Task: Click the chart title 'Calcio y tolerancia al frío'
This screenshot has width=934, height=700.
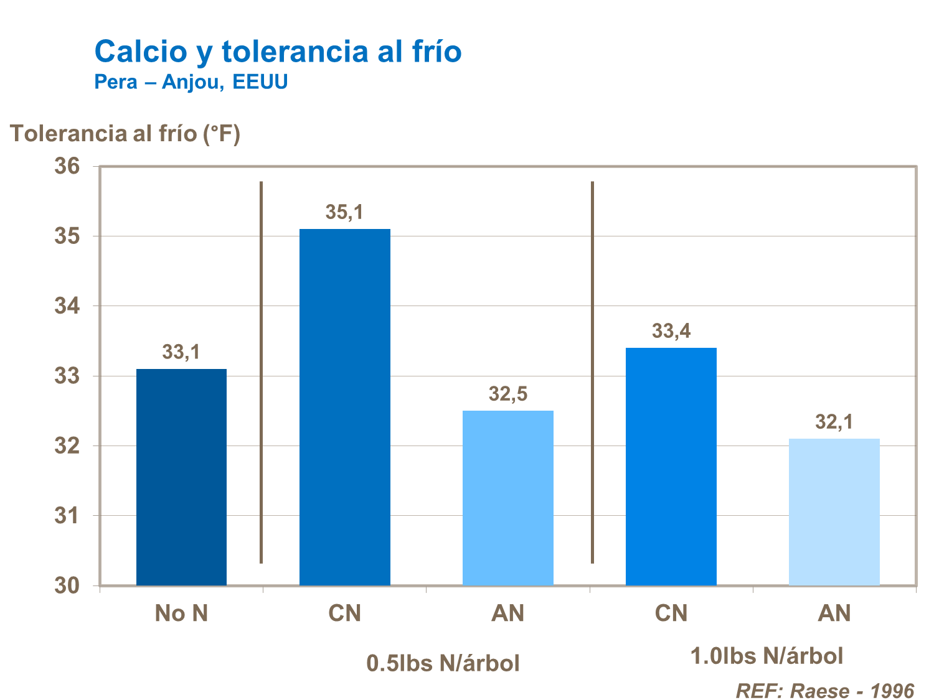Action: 278,51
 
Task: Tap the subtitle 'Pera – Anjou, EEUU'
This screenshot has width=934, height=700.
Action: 191,82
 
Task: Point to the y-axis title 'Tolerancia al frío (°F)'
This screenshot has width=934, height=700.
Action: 125,133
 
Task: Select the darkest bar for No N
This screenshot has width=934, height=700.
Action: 181,477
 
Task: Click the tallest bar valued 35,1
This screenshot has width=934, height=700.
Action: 344,407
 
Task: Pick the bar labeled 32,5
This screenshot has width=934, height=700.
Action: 507,498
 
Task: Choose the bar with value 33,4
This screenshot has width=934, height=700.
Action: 671,467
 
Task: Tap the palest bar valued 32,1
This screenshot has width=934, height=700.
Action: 834,511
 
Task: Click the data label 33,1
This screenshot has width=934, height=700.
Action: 181,352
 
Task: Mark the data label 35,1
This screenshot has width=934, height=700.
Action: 344,212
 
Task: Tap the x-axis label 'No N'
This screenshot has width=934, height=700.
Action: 181,614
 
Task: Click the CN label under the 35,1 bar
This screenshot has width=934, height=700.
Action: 344,614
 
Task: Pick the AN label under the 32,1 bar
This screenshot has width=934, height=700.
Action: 834,614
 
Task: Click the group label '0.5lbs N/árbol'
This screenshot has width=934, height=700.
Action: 443,663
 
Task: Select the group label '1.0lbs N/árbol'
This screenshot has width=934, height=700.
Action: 767,656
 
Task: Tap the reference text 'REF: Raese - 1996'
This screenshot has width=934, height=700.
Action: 825,691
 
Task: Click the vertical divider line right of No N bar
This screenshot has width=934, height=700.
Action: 261,373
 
